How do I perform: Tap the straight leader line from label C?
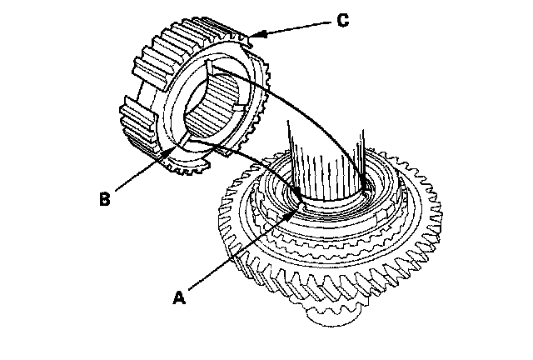click(296, 26)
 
